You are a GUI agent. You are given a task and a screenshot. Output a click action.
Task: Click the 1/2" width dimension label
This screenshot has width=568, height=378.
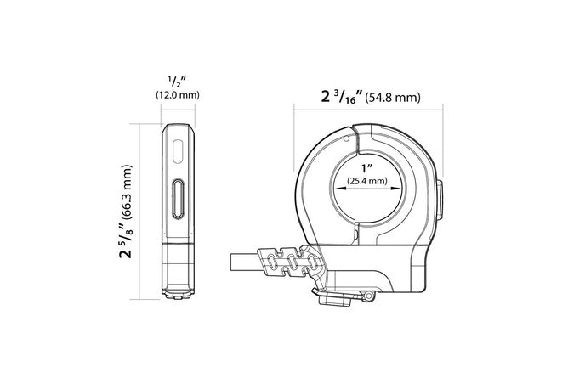tap(177, 82)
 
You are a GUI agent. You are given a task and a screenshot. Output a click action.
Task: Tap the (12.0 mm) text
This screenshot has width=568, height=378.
tap(178, 95)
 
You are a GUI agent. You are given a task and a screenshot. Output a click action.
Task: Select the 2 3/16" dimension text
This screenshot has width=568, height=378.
tap(342, 97)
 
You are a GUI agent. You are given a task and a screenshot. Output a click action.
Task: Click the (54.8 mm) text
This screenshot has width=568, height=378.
tap(393, 98)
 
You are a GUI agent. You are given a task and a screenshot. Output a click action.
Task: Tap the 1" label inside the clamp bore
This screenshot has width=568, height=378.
tap(366, 168)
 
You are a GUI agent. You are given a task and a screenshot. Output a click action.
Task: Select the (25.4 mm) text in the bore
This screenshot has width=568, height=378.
tap(367, 180)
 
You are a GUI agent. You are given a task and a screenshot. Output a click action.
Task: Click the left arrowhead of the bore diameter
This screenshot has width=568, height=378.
tap(340, 188)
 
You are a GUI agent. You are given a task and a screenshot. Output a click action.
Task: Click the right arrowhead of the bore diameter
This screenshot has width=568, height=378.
tap(396, 188)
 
